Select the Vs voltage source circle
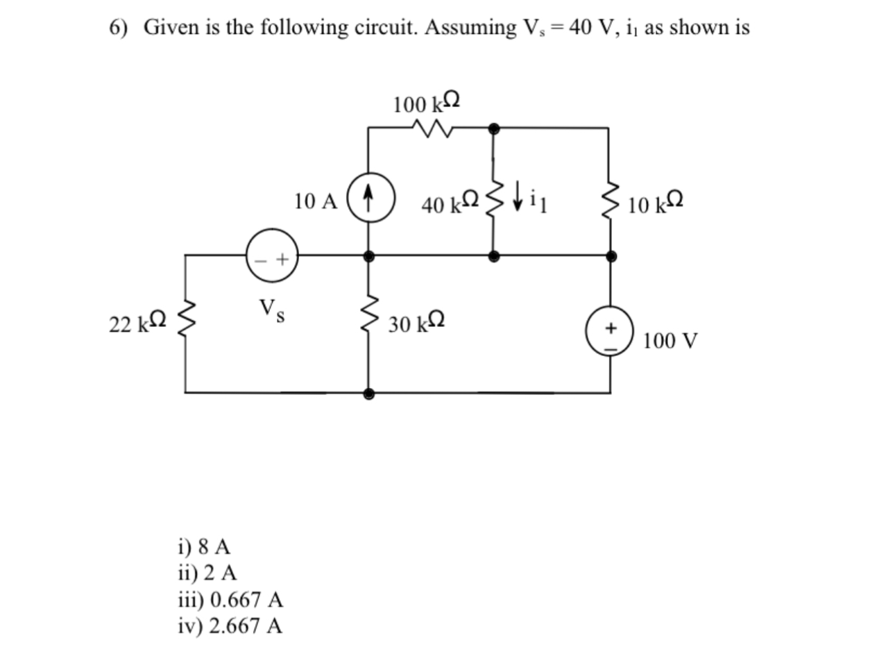[273, 256]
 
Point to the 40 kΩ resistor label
[450, 203]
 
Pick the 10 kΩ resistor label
[656, 204]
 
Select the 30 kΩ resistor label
[417, 323]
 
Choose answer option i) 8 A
[204, 546]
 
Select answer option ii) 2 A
[207, 573]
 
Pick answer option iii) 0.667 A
[230, 599]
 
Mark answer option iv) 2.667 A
[230, 625]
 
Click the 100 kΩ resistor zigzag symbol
[431, 128]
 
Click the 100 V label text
[670, 341]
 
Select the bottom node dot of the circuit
[369, 393]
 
